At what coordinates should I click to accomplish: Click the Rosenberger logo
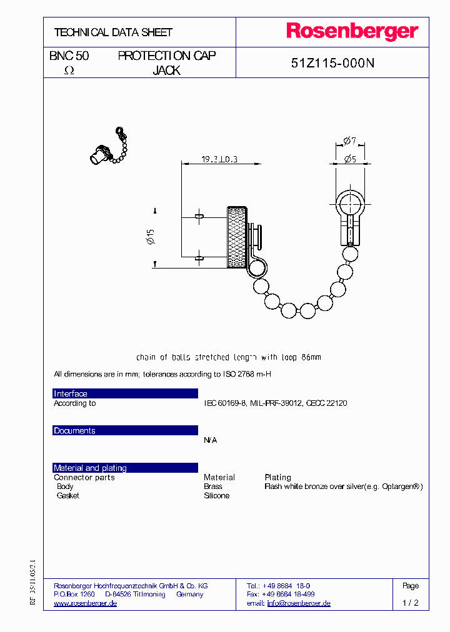click(x=352, y=31)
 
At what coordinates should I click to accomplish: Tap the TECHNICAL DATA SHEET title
click(x=113, y=32)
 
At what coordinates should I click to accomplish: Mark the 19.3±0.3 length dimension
click(x=219, y=160)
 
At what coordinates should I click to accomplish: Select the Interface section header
click(x=71, y=393)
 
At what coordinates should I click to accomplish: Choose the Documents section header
click(x=74, y=431)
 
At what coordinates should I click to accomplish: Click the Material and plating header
click(x=90, y=468)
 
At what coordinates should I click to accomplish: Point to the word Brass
click(x=213, y=486)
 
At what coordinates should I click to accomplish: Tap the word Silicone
click(x=217, y=496)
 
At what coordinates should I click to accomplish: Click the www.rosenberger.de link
click(x=86, y=603)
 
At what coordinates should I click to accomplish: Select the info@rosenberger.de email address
click(x=299, y=603)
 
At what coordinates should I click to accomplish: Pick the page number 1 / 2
click(x=410, y=603)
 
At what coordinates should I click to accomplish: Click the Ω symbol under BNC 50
click(x=69, y=71)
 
